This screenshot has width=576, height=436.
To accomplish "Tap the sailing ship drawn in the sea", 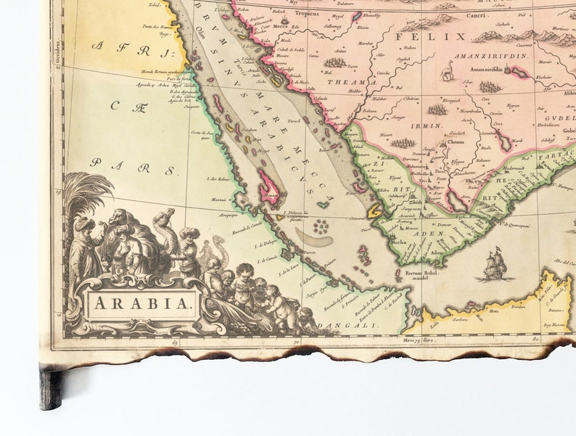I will coord(495,266).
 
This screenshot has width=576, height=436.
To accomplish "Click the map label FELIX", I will coord(442,36).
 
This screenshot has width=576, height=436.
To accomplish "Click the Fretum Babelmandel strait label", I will coord(423,275).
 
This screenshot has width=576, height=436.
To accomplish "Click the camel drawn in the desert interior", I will coord(448,70).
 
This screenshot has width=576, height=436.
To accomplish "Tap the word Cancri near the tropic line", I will coord(476,15).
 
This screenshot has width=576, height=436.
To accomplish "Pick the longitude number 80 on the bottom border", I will coord(535,338).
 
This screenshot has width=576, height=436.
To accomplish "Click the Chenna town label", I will coord(456,142).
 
